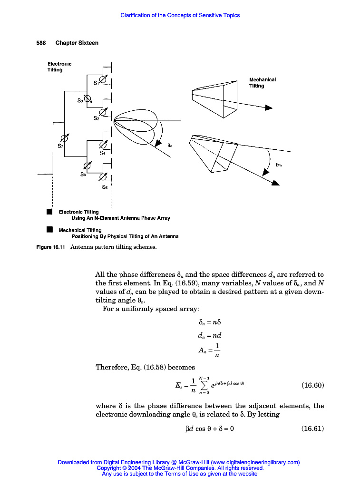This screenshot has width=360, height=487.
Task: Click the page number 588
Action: pos(41,43)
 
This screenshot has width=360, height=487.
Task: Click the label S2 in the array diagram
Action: pos(96,118)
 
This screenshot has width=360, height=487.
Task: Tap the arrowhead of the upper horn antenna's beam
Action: pos(269,108)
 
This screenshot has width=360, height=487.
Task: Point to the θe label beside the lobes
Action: pos(170,146)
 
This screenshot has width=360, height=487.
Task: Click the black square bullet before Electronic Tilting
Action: pos(49,212)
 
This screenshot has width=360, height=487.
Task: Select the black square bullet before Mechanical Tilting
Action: pos(49,230)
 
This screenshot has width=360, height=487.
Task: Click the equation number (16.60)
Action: pos(312,385)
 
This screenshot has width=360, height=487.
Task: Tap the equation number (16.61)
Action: pos(312,429)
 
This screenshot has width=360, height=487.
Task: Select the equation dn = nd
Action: pos(209,335)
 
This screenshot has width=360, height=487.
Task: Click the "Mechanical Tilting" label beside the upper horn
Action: pos(263,83)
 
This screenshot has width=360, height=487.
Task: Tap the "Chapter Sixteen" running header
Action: pos(77,43)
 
